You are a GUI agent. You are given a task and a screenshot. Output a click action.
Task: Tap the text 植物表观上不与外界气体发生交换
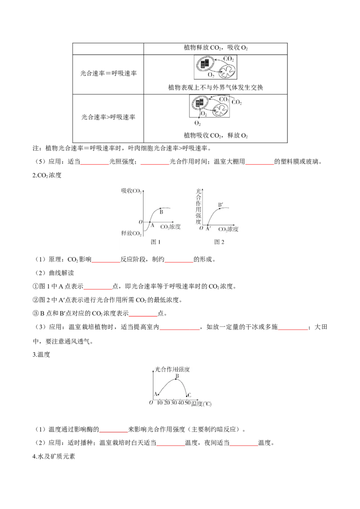(216, 87)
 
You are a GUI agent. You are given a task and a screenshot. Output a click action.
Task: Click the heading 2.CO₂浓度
(47, 175)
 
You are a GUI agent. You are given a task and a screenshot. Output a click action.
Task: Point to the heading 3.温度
(41, 354)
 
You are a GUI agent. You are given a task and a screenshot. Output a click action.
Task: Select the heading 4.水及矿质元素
(54, 456)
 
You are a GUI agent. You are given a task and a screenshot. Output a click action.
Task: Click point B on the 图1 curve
(160, 209)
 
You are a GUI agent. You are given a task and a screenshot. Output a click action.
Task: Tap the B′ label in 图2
(220, 205)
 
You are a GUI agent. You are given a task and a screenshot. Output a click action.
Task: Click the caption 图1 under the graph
(156, 242)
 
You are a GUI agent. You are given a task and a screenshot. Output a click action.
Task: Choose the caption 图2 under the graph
(219, 242)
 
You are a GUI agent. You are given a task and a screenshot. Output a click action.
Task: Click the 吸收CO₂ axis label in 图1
(131, 191)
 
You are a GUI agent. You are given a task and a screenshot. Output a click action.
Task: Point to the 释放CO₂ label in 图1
(131, 233)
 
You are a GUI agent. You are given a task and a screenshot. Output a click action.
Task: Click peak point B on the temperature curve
(176, 379)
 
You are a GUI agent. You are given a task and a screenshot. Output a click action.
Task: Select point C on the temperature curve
(186, 395)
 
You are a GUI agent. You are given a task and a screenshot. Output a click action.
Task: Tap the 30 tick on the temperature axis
(174, 403)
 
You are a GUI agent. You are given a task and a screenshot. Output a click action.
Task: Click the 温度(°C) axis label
(201, 403)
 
